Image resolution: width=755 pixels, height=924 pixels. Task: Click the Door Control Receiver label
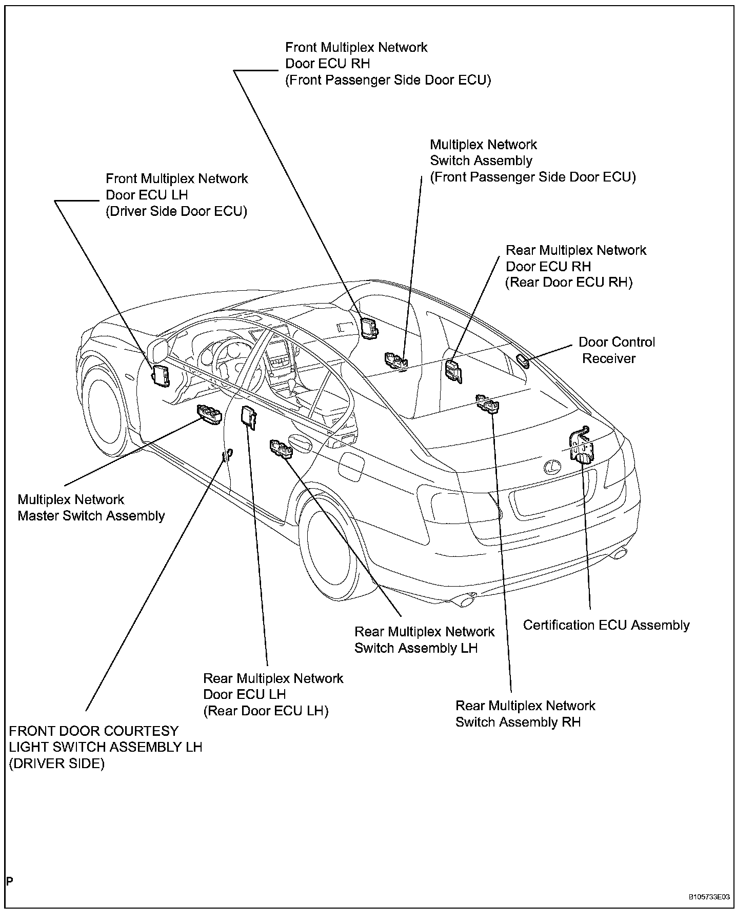click(x=617, y=350)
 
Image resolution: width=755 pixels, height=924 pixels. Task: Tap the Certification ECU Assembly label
click(x=606, y=625)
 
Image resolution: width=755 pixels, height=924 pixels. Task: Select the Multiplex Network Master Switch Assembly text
click(x=91, y=508)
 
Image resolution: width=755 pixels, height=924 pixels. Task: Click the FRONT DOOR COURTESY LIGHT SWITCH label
click(x=106, y=747)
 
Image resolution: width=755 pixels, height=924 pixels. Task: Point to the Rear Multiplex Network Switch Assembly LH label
click(x=424, y=639)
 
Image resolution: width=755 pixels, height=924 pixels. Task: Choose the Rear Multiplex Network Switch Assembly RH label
click(x=525, y=714)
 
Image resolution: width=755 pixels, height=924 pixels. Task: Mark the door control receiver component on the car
click(x=524, y=360)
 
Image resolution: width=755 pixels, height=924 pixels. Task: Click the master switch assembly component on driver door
click(x=209, y=413)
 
